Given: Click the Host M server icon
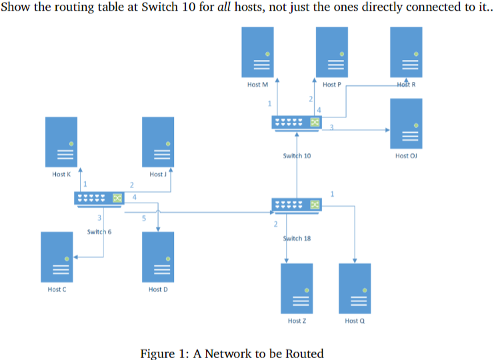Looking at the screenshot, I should [258, 52].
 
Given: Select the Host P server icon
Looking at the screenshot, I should [331, 52].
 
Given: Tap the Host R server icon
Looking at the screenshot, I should [406, 52].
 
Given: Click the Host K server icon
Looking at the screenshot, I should [62, 141].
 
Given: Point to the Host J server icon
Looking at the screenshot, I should [158, 141].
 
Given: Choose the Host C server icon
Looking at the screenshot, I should [57, 257].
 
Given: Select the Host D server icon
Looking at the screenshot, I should [158, 257].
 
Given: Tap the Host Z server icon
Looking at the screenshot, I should [297, 289].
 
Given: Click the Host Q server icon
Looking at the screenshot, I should [355, 289].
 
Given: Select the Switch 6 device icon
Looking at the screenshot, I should [99, 199].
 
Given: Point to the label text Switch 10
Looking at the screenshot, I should [297, 155].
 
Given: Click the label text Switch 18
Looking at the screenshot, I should [297, 238].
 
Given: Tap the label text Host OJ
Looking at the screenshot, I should [406, 155].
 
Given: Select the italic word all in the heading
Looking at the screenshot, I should [221, 9].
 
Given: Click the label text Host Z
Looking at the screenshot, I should [297, 321].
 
